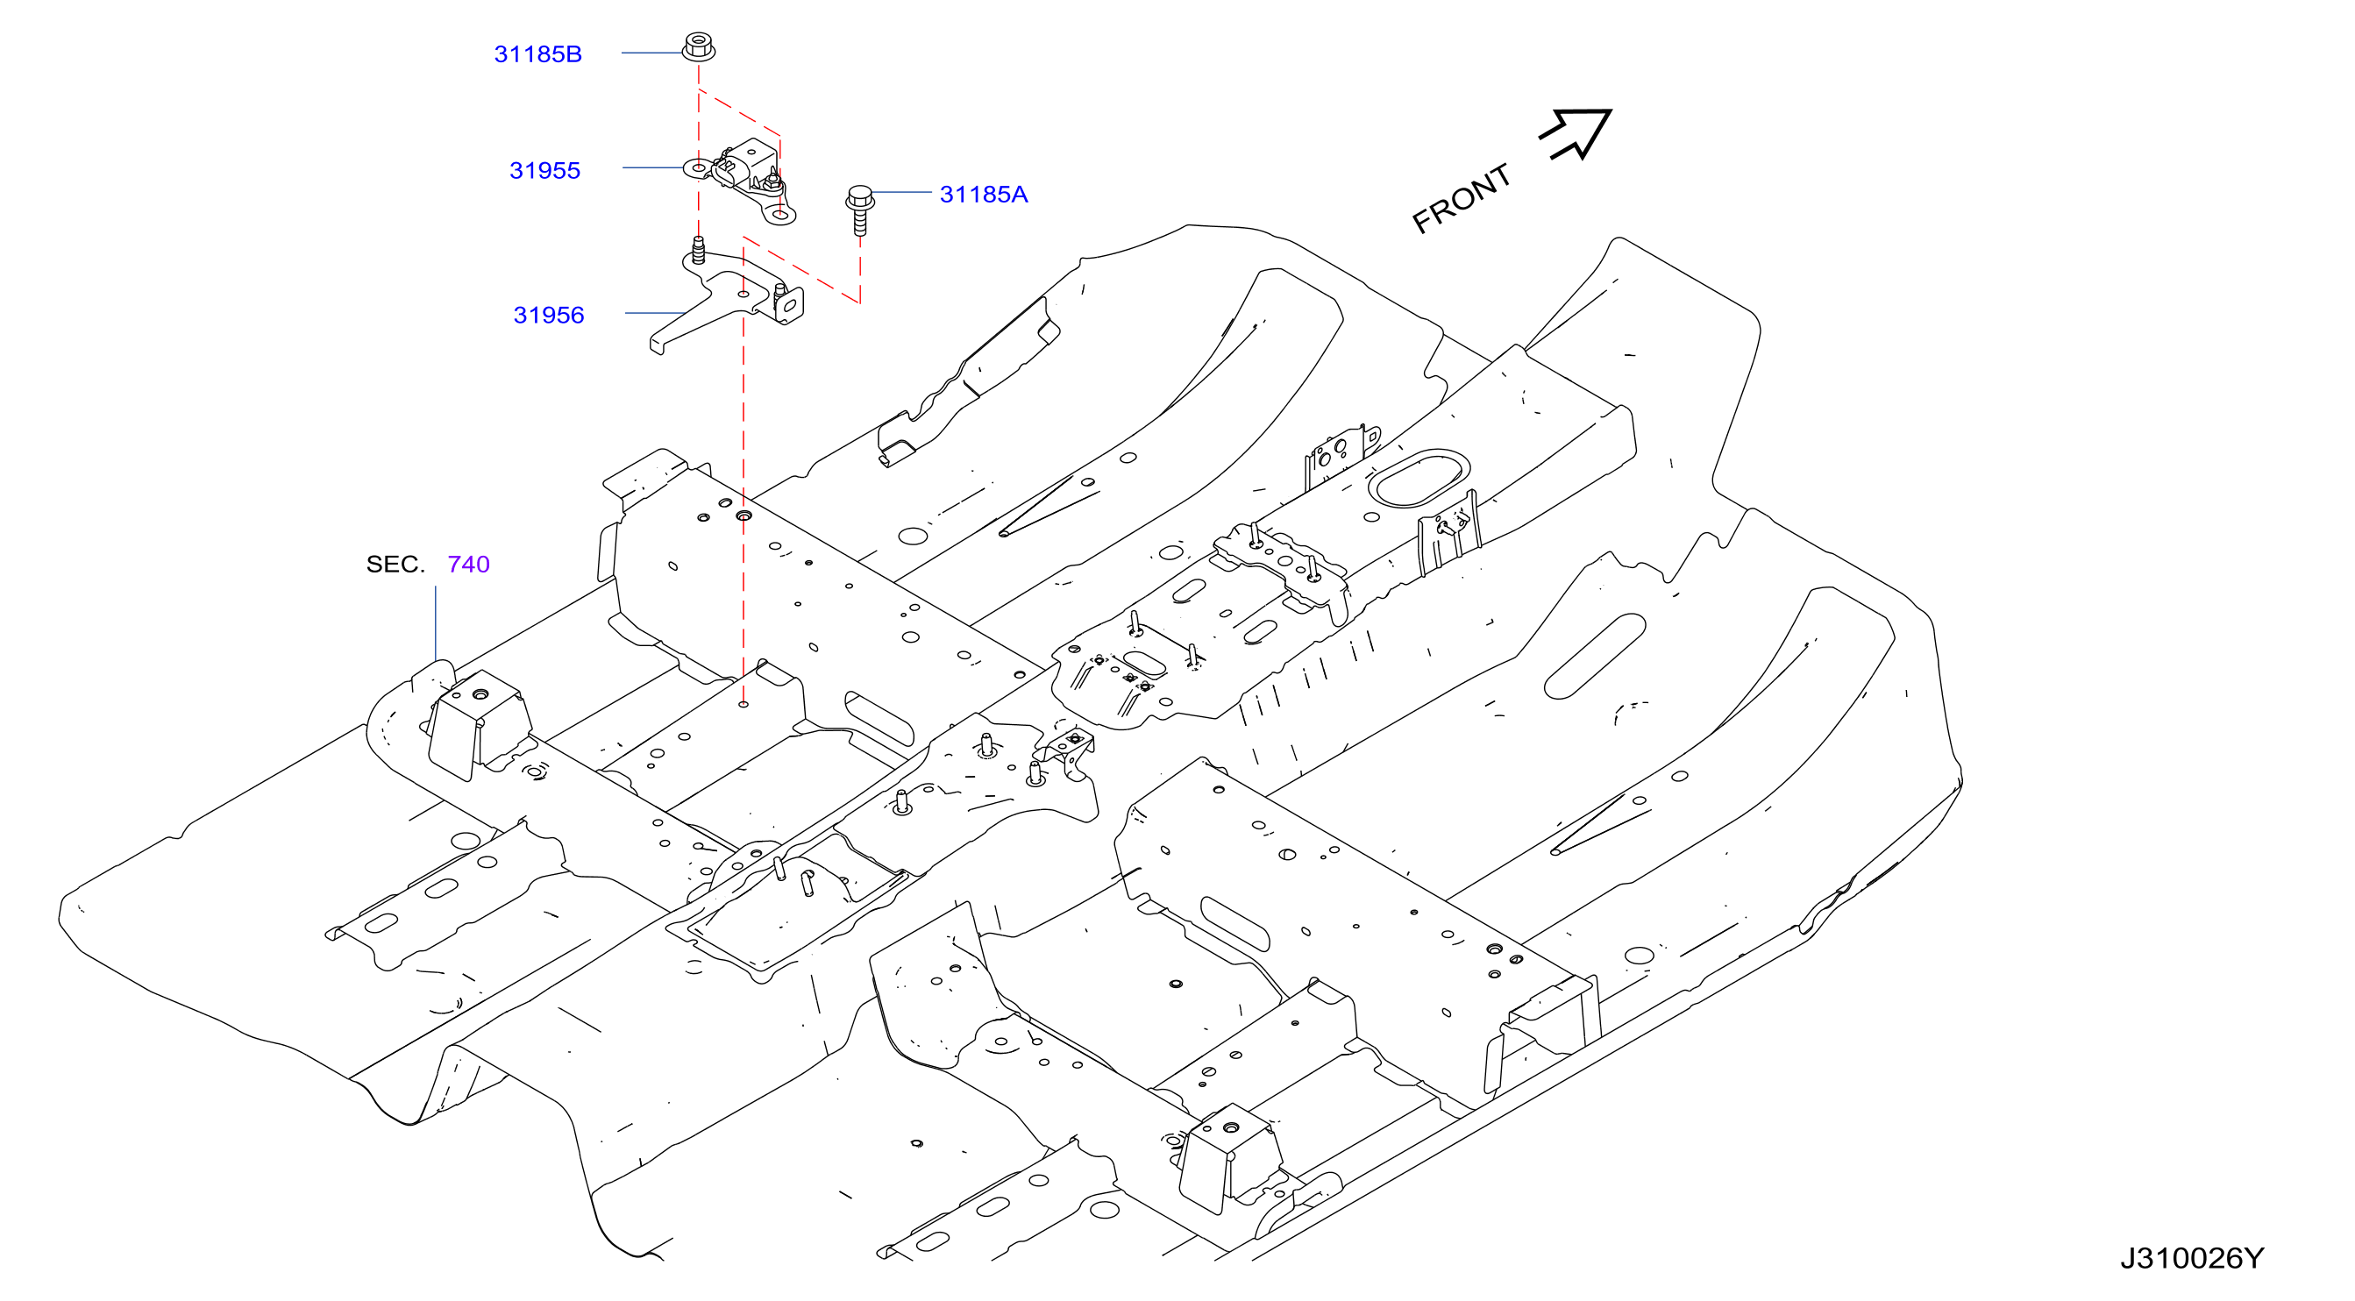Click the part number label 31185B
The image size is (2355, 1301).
point(537,54)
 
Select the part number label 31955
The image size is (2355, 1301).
point(544,170)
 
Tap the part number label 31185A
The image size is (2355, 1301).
point(984,194)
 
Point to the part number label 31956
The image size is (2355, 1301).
point(549,315)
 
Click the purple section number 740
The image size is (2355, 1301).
point(469,564)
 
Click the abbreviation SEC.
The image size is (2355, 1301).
point(395,564)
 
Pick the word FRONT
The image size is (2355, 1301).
point(1461,198)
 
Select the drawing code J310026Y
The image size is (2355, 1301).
point(2192,1258)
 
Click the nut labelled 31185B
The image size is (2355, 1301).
point(699,46)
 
